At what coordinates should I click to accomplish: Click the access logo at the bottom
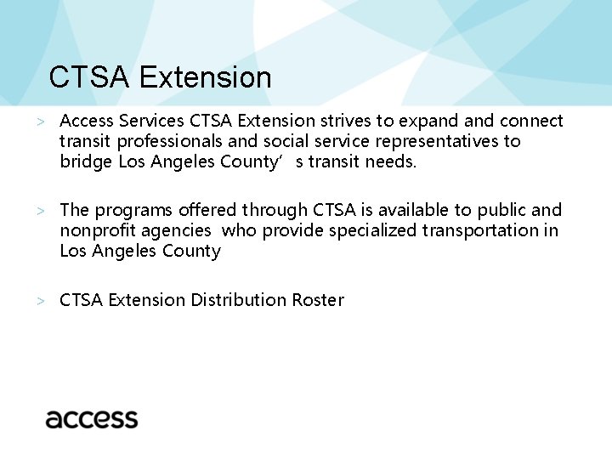click(x=92, y=419)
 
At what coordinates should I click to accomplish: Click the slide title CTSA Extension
click(x=160, y=77)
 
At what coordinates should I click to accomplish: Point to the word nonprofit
click(x=96, y=230)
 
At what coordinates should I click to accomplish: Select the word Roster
click(x=318, y=300)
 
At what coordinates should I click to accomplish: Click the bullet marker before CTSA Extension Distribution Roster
click(x=40, y=301)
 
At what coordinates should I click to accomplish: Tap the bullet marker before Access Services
click(x=40, y=122)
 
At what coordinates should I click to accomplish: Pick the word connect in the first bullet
click(x=532, y=121)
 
